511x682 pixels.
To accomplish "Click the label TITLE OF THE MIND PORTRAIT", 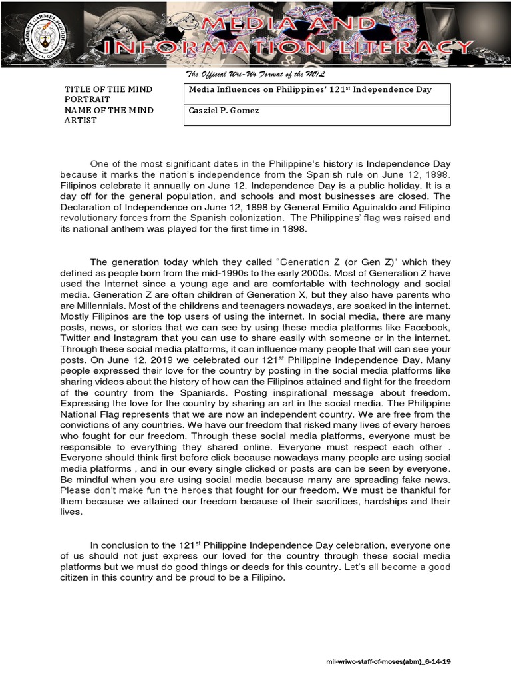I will click(108, 94).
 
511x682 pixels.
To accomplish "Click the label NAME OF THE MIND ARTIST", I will click(108, 115).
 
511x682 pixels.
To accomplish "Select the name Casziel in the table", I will click(205, 111).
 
